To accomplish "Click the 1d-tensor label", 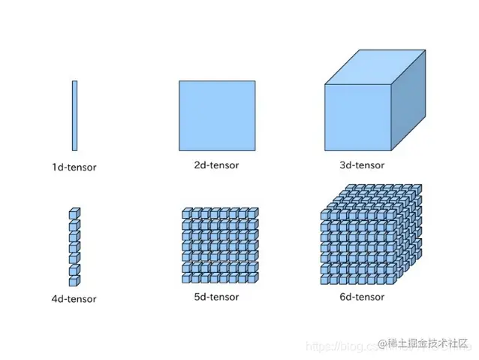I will pos(74,167).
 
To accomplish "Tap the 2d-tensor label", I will pos(216,165).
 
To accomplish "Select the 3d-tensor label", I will pos(362,165).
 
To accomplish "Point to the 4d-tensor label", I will pos(74,299).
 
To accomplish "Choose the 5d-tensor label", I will pos(216,297).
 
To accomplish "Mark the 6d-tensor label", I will pos(362,298).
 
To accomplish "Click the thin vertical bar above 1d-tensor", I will pos(74,116).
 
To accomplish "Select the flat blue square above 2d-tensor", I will pos(216,116).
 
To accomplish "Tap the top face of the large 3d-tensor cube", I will pos(375,72).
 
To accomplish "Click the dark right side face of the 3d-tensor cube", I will pos(411,105).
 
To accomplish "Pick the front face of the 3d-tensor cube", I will pos(360,116).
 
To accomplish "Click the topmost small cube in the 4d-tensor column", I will pos(74,213).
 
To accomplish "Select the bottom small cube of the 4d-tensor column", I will pos(74,280).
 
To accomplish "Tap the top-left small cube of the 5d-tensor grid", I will pos(186,214).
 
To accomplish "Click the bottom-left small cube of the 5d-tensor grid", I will pos(186,278).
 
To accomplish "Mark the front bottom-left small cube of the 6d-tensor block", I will pos(325,279).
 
